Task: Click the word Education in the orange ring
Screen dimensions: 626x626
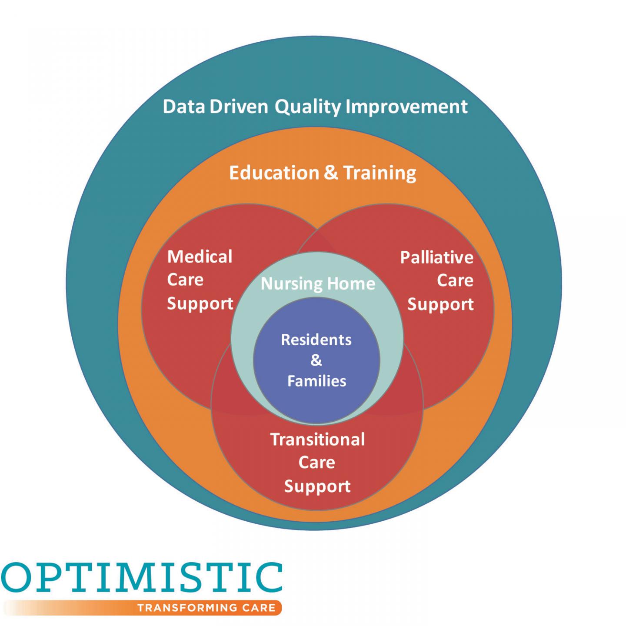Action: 274,173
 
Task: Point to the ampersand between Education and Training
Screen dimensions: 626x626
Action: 331,173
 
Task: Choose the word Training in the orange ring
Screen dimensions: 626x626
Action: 380,173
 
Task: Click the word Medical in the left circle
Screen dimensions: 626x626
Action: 200,257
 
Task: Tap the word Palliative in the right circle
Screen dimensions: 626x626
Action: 436,258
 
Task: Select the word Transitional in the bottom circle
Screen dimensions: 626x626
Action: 317,440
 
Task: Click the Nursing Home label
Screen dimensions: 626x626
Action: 318,284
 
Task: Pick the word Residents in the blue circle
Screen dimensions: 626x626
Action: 316,340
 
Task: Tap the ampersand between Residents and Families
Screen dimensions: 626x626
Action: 316,360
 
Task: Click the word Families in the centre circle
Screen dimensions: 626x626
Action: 316,381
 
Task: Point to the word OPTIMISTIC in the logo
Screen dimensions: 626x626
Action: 141,580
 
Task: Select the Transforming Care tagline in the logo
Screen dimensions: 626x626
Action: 206,607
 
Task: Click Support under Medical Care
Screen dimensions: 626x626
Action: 200,304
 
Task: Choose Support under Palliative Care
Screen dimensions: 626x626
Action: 440,305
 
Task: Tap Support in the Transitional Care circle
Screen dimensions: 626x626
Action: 317,486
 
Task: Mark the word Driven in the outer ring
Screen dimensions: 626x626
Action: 239,107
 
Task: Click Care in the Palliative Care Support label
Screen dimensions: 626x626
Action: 455,281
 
